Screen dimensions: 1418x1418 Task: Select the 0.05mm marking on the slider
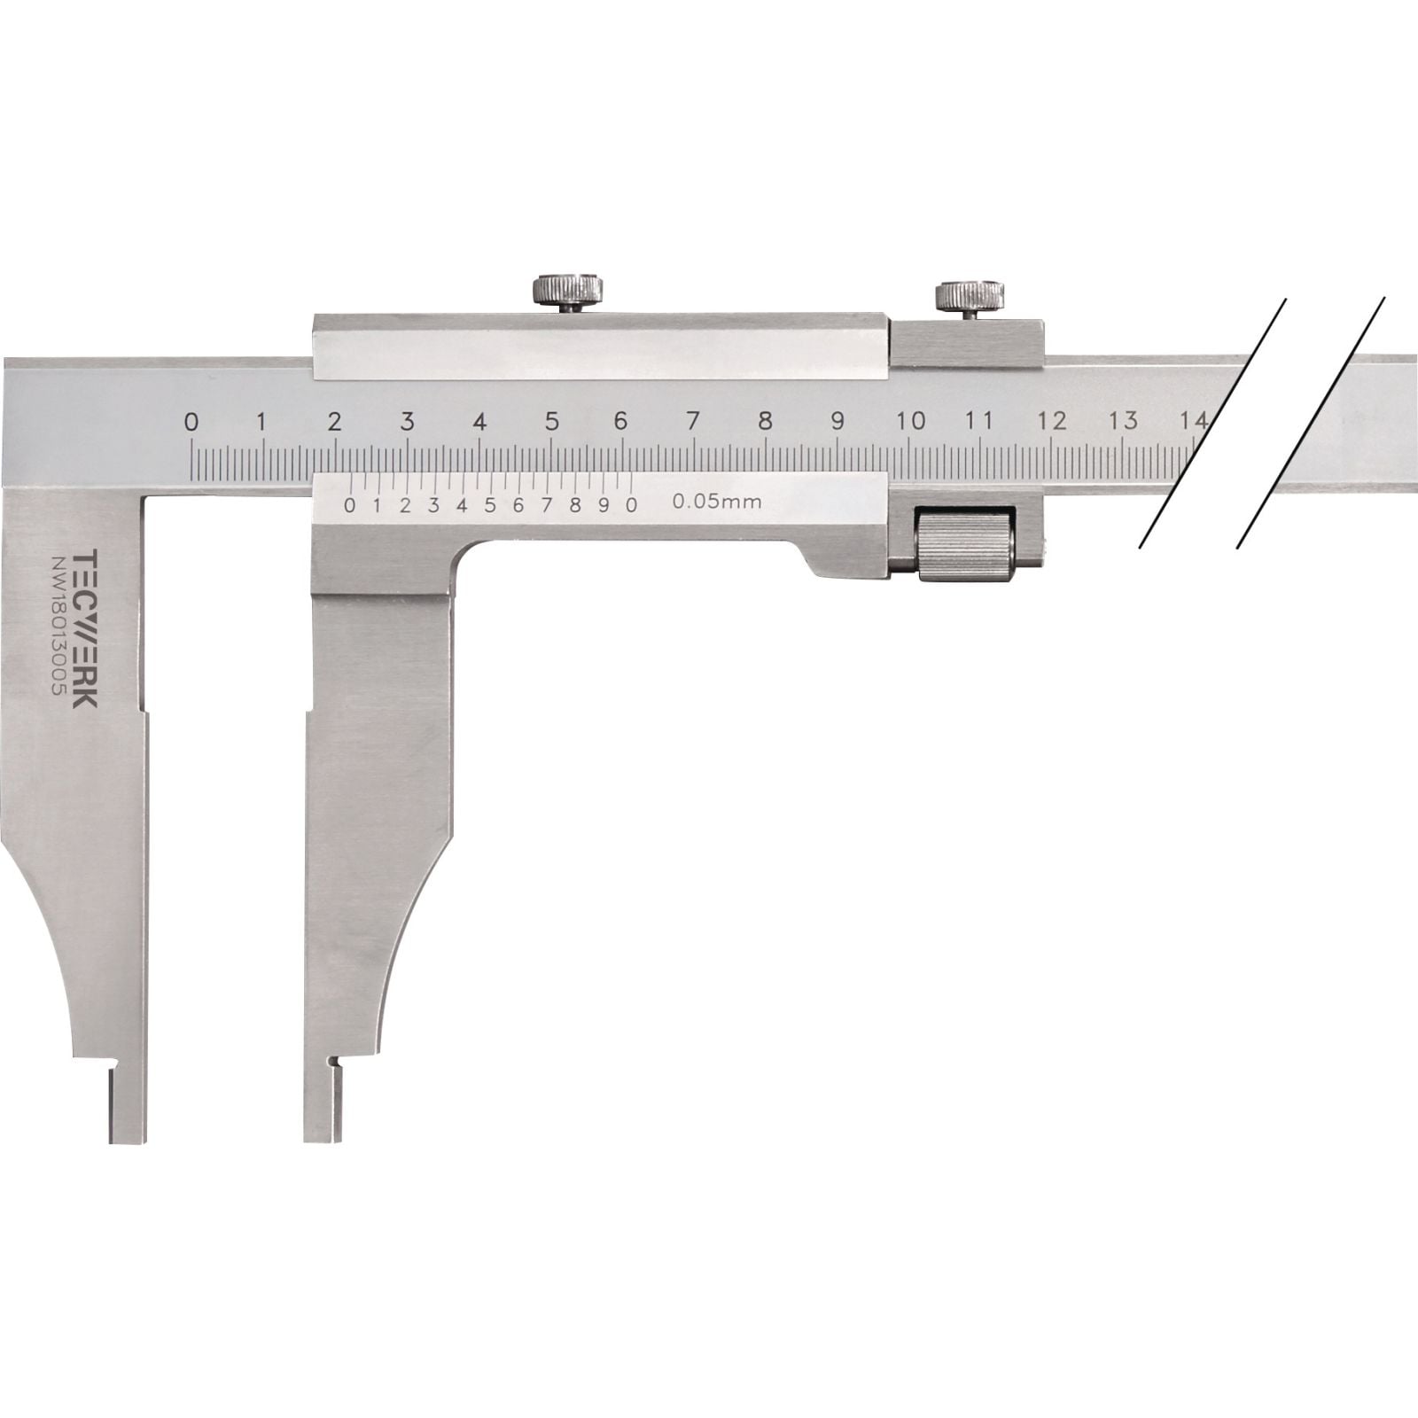(717, 502)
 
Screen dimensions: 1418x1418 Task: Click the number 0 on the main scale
(191, 422)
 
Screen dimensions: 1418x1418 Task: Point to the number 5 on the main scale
(551, 422)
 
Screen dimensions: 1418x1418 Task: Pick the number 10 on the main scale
(911, 421)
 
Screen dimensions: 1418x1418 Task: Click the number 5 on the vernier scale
(490, 505)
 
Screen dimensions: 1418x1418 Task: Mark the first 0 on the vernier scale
(349, 506)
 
